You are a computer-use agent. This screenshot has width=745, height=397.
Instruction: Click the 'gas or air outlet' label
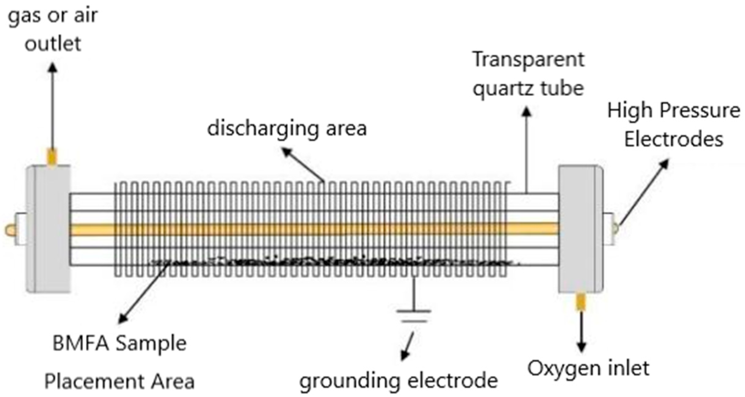[x=53, y=29]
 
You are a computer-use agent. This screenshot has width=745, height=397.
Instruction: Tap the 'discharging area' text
[x=287, y=129]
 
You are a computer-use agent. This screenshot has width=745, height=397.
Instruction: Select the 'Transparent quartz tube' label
[x=528, y=74]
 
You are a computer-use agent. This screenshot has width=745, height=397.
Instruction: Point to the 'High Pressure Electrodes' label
[x=674, y=125]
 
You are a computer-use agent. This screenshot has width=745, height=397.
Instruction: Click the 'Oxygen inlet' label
[x=588, y=368]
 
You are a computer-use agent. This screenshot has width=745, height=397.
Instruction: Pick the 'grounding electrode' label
[x=399, y=381]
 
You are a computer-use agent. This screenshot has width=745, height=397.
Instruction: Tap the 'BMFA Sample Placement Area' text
[x=119, y=362]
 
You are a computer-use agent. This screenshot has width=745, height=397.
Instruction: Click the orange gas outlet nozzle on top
[x=52, y=156]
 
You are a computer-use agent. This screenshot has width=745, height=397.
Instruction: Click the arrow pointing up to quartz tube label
[x=526, y=150]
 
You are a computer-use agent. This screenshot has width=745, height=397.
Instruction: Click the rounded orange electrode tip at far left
[x=10, y=230]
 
